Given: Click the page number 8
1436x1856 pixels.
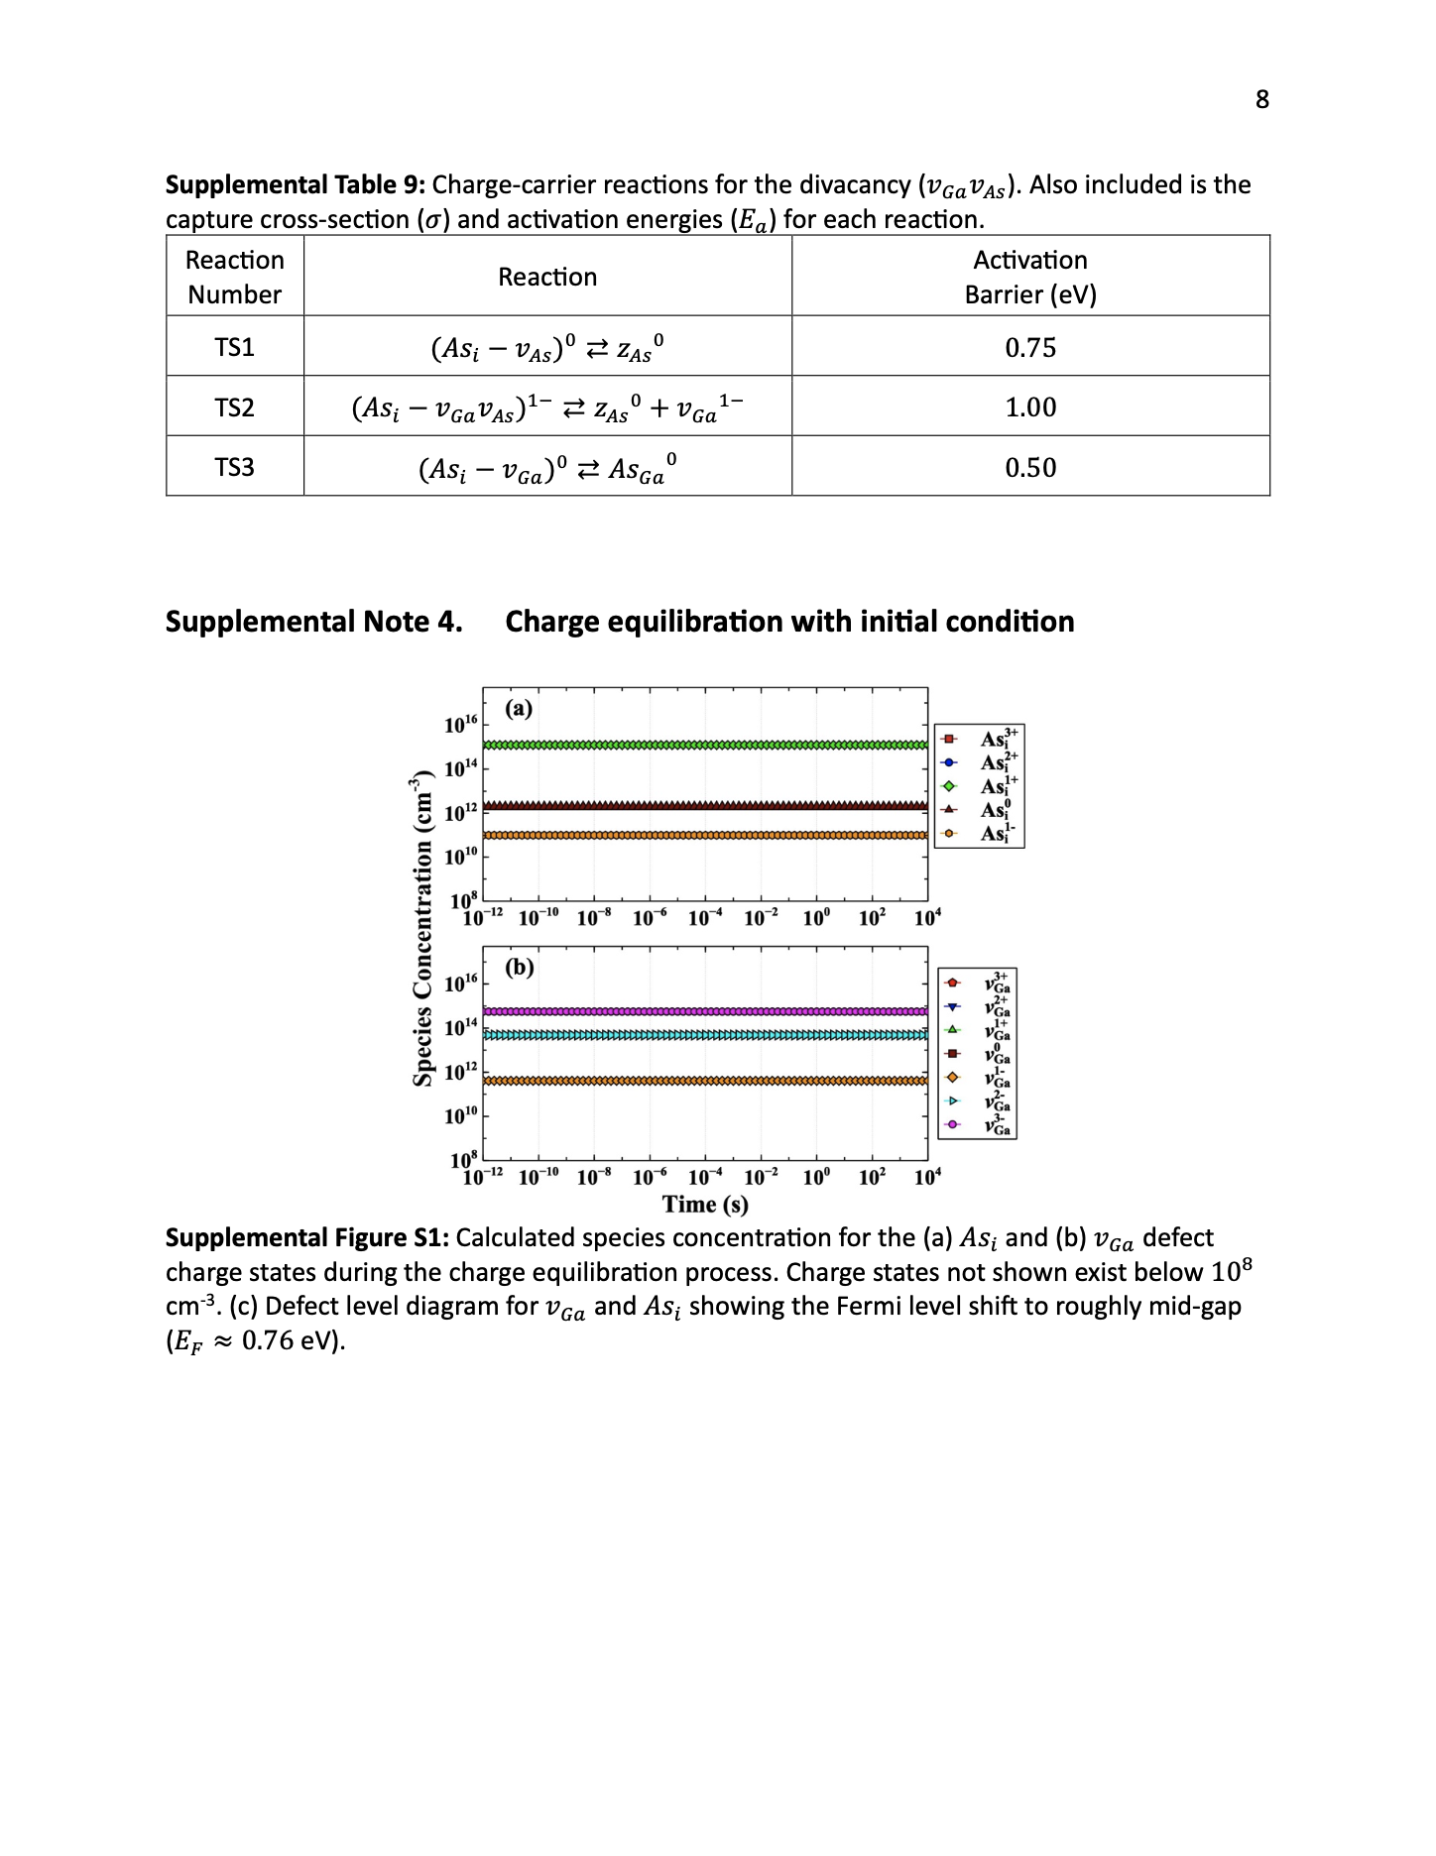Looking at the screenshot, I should click(x=1261, y=99).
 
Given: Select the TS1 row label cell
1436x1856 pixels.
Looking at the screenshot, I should click(x=234, y=347).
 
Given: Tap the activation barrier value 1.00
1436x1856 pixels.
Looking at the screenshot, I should click(x=1030, y=407).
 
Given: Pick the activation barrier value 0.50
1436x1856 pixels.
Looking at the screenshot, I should click(x=1030, y=468).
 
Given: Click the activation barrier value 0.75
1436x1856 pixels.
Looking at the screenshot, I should click(x=1030, y=348).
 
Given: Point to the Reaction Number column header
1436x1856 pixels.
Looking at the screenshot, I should click(x=234, y=277).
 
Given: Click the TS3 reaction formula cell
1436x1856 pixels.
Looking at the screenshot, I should click(x=547, y=468).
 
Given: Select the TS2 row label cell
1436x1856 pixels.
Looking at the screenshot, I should click(x=234, y=407).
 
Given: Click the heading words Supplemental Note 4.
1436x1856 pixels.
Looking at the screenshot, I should click(x=313, y=622).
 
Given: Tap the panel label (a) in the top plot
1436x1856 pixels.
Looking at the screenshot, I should click(x=519, y=709).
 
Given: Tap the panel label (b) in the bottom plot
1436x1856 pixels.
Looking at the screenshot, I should click(x=520, y=967).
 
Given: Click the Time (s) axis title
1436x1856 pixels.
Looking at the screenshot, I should click(x=705, y=1205).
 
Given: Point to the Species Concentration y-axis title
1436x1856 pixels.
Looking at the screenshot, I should click(x=423, y=927).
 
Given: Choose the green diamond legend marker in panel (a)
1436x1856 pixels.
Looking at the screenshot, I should click(x=949, y=786).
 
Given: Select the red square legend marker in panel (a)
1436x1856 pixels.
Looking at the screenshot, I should click(x=949, y=740).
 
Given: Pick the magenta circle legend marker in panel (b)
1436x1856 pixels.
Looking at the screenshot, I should click(x=953, y=1125).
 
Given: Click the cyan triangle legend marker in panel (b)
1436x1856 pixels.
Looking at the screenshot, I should click(x=953, y=1102).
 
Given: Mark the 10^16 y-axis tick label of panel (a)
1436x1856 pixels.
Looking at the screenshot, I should click(x=461, y=725).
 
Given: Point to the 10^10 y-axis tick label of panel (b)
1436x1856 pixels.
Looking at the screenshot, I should click(x=461, y=1116).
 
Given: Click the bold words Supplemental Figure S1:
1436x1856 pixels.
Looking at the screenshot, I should click(x=307, y=1238).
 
